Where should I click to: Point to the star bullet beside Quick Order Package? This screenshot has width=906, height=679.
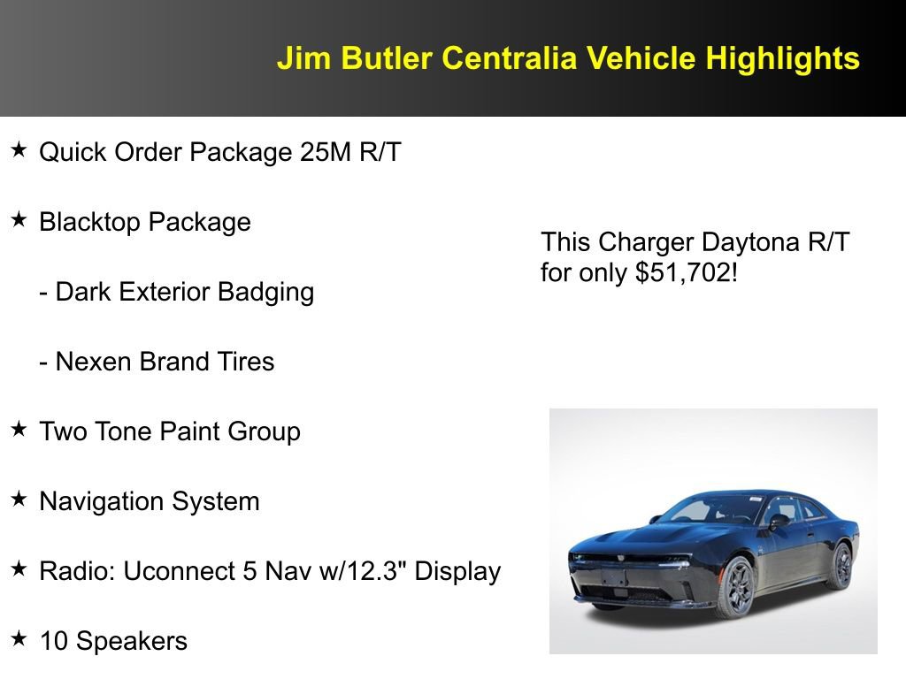click(x=19, y=150)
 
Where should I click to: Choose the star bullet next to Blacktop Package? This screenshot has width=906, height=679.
click(x=19, y=220)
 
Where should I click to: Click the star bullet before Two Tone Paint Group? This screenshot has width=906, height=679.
click(x=19, y=430)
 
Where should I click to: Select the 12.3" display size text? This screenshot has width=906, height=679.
click(x=375, y=571)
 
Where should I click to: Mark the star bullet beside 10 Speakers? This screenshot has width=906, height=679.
click(x=19, y=638)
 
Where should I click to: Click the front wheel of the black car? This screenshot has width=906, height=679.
click(x=736, y=587)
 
